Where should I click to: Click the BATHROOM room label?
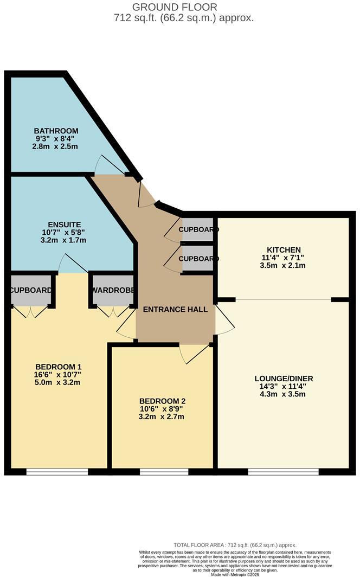(56, 131)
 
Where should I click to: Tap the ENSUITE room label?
(64, 224)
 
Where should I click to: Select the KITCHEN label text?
(280, 249)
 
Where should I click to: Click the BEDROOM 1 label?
(57, 366)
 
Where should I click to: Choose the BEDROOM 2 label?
(162, 401)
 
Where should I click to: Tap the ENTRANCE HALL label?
(175, 309)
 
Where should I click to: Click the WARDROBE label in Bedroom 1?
(113, 290)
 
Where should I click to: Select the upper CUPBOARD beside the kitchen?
(198, 229)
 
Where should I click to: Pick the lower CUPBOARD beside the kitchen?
(198, 259)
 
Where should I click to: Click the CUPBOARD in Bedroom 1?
(31, 290)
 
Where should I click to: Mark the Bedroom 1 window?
(57, 472)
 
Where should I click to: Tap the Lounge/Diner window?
(284, 472)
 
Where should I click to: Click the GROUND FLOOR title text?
(175, 7)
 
